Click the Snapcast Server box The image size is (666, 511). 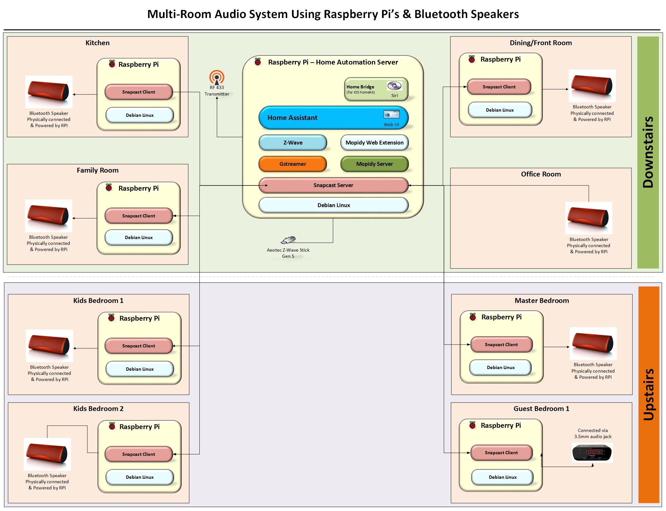pyautogui.click(x=333, y=185)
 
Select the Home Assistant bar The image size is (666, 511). pyautogui.click(x=333, y=118)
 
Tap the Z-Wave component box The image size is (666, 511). pyautogui.click(x=293, y=143)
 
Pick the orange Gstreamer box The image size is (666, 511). pyautogui.click(x=293, y=164)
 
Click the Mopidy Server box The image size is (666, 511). pyautogui.click(x=374, y=164)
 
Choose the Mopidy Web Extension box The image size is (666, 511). pyautogui.click(x=374, y=143)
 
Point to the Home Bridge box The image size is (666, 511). pyautogui.click(x=376, y=89)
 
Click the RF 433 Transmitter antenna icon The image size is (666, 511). pyautogui.click(x=217, y=77)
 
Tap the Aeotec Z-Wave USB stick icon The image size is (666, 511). pyautogui.click(x=288, y=240)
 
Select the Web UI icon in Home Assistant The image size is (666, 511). pyautogui.click(x=391, y=115)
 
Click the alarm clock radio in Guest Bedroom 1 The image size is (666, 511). pyautogui.click(x=592, y=452)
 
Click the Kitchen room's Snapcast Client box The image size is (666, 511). pyautogui.click(x=139, y=92)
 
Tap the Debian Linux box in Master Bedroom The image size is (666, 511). pyautogui.click(x=500, y=367)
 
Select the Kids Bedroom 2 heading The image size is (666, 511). pyautogui.click(x=98, y=409)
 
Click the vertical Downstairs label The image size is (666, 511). pyautogui.click(x=648, y=152)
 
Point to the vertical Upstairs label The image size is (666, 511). pyautogui.click(x=649, y=394)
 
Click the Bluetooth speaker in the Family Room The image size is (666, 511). pyautogui.click(x=48, y=215)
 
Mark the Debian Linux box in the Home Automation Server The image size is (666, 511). pyautogui.click(x=333, y=205)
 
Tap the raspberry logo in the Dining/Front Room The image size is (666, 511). pyautogui.click(x=472, y=59)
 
